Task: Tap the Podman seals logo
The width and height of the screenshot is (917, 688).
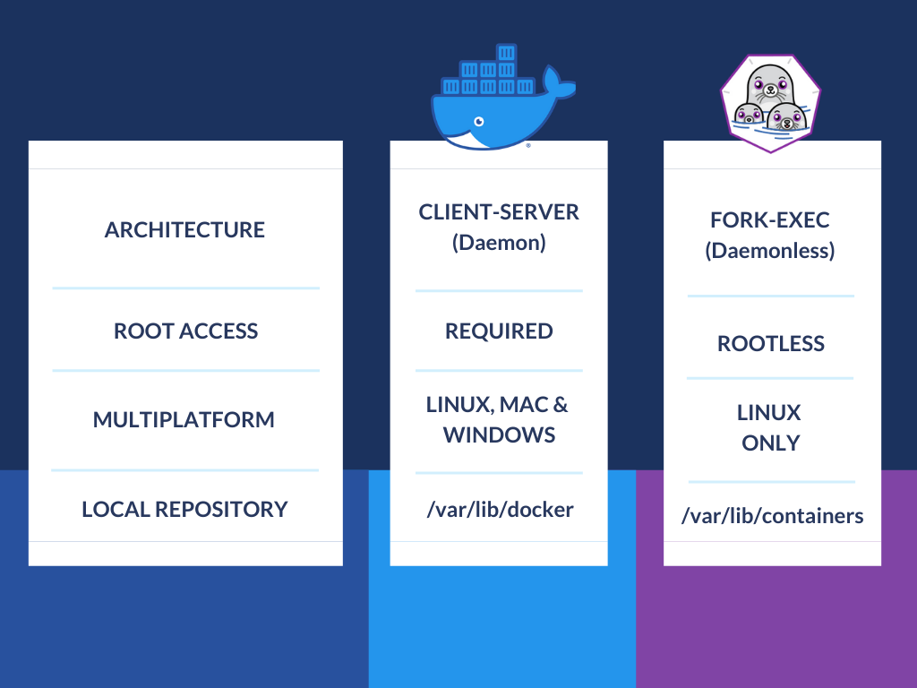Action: coord(771,100)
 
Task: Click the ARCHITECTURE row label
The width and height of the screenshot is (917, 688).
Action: coord(184,230)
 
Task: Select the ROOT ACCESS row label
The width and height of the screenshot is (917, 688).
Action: coord(185,331)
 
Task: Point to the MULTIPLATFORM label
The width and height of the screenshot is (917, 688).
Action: coord(184,420)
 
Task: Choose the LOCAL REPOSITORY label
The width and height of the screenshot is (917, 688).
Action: coord(184,510)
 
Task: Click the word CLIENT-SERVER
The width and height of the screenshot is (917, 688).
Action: coord(499,212)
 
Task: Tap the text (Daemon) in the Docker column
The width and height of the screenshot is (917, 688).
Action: coord(499,243)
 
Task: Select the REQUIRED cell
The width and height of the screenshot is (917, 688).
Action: coord(499,331)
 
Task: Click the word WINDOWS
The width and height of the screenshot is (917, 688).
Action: coord(499,435)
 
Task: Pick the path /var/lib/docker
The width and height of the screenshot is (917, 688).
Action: coord(499,510)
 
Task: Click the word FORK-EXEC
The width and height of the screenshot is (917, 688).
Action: coord(770,220)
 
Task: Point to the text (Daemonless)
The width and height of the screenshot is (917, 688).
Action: coord(770,251)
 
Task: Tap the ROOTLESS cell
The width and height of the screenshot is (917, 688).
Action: coord(770,344)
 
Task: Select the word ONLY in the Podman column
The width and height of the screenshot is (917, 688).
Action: coord(770,443)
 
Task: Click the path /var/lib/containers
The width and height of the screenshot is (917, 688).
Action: coord(772,516)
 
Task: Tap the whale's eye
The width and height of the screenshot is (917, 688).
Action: coord(479,121)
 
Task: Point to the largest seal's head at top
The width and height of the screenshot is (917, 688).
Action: coord(768,84)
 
